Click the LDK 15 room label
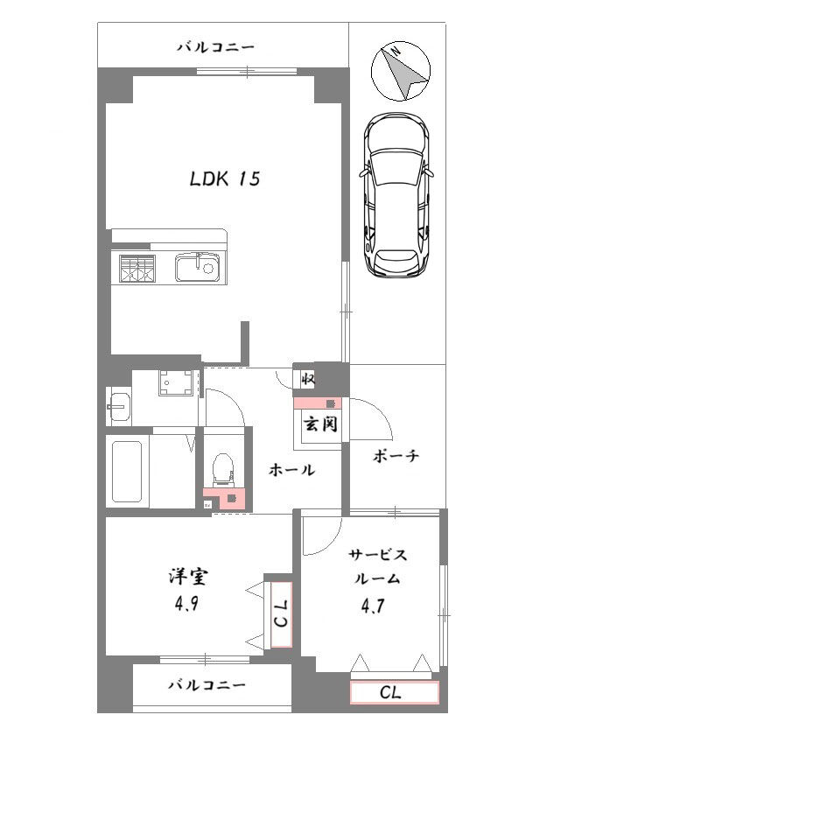[225, 179]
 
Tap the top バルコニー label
[215, 47]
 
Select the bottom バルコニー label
[207, 685]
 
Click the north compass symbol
[401, 71]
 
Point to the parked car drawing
[396, 195]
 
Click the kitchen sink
[197, 268]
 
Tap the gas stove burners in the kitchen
[137, 269]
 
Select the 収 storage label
[308, 379]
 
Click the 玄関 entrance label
[320, 424]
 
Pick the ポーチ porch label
[396, 456]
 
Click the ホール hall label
[291, 469]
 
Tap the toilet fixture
[222, 469]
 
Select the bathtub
[127, 472]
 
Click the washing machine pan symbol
[177, 382]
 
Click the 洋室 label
[188, 576]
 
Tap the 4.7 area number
[372, 606]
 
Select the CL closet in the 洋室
[281, 614]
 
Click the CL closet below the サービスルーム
[395, 692]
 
